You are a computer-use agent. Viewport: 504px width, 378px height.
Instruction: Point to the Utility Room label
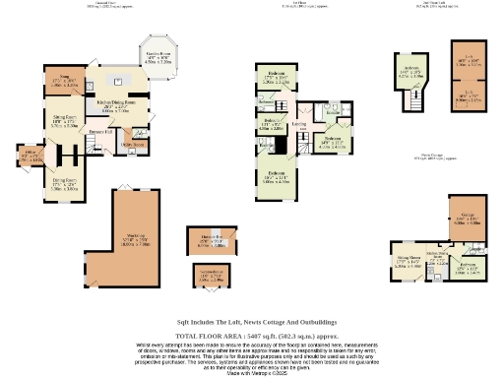[x=133, y=144]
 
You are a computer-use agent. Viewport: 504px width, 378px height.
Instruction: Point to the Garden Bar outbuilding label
[x=212, y=239]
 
